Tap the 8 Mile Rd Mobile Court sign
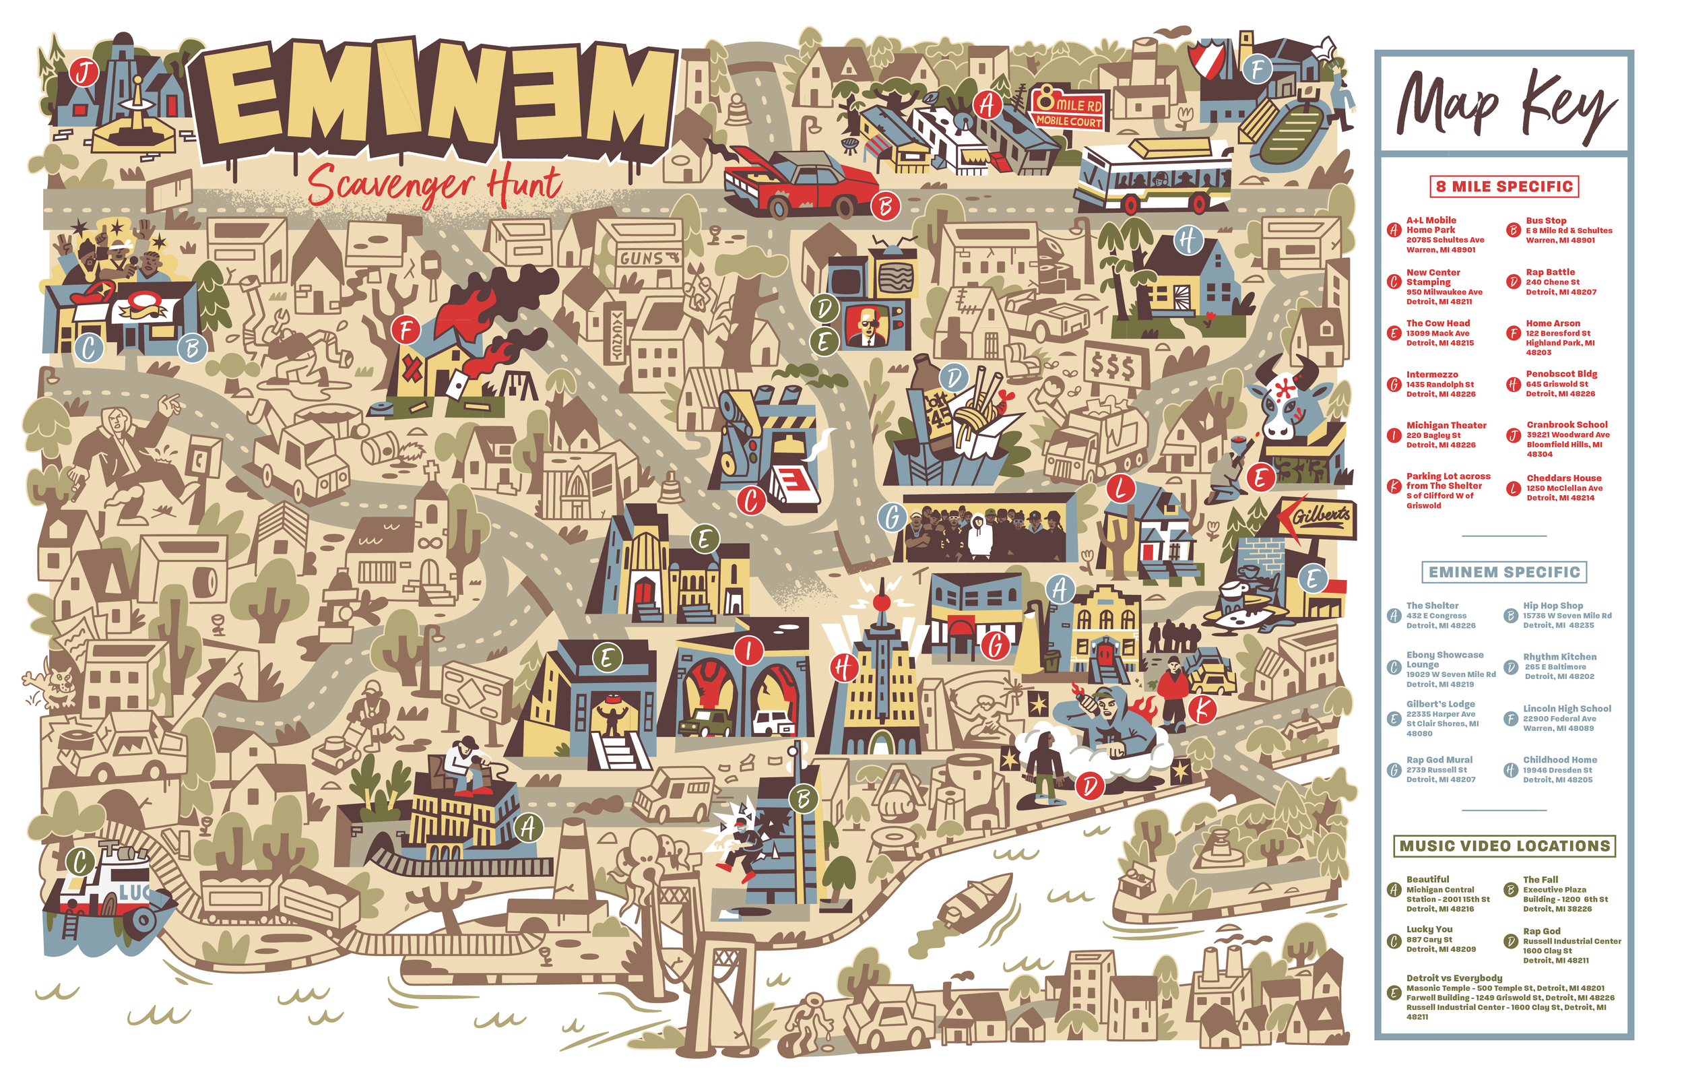pyautogui.click(x=1068, y=110)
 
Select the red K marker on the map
pyautogui.click(x=1202, y=709)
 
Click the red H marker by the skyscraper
pyautogui.click(x=843, y=667)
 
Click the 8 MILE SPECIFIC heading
pyautogui.click(x=1503, y=187)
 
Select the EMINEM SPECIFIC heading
pyautogui.click(x=1503, y=572)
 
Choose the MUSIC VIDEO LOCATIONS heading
pyautogui.click(x=1503, y=846)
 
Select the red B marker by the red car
pyautogui.click(x=884, y=206)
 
